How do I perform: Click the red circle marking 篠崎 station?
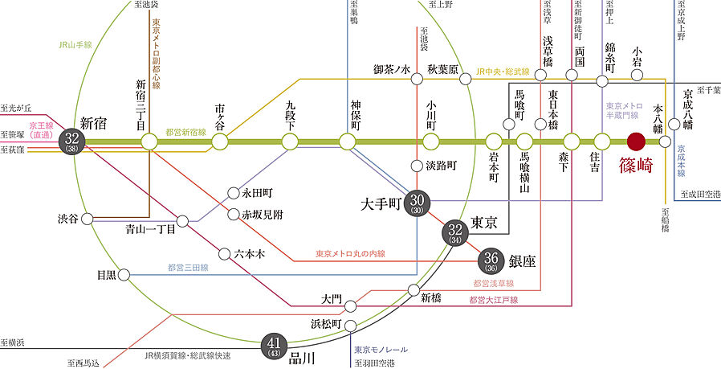[636, 141]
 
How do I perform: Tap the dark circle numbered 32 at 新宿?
[74, 141]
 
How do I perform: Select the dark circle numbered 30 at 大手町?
[417, 201]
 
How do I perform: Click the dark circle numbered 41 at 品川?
[273, 346]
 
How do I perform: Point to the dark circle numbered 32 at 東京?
[452, 232]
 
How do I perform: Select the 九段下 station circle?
[290, 141]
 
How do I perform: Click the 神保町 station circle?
[347, 141]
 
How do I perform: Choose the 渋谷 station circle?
[88, 219]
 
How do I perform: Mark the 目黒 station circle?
[124, 275]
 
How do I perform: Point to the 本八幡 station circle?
[664, 141]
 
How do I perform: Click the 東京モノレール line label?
[381, 350]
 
